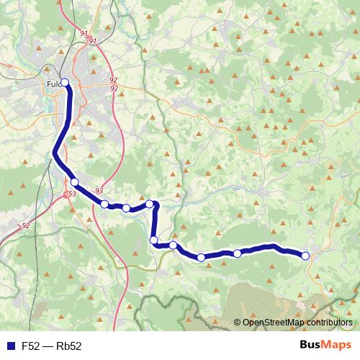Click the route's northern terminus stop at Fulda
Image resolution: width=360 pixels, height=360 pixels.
65,82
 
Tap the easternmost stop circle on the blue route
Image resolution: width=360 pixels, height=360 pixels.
305,256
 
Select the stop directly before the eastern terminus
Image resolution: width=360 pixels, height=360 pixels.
237,253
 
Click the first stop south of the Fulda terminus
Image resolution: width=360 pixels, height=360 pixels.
74,182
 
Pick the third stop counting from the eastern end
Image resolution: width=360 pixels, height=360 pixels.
201,257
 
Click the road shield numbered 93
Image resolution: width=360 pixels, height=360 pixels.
98,190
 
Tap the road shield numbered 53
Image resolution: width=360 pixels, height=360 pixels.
71,194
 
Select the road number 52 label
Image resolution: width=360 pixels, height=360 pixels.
26,226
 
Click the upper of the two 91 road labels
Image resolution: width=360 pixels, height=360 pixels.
84,33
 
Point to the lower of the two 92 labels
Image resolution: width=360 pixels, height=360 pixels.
114,88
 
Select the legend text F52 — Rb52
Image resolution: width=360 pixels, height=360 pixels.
52,346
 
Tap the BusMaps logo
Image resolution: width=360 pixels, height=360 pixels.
325,346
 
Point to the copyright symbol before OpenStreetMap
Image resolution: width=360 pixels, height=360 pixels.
238,323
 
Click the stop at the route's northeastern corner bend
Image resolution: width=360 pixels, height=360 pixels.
150,204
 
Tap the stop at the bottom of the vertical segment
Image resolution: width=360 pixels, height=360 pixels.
153,240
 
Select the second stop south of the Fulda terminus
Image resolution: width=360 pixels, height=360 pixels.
104,204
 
